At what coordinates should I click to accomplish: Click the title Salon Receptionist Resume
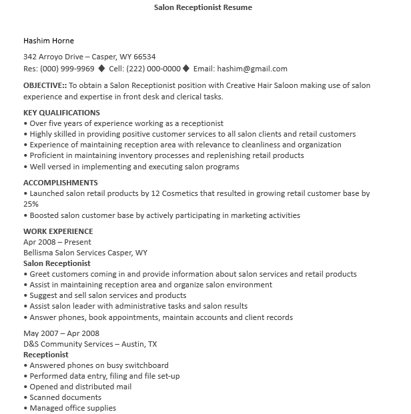coord(203,8)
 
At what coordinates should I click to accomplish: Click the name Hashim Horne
coord(49,41)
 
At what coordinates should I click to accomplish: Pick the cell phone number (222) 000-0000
coord(154,68)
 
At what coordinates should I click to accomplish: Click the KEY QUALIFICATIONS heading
coord(61,113)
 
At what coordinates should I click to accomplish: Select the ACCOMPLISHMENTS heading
coord(61,183)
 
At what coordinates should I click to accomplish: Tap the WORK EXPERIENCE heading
coord(58,231)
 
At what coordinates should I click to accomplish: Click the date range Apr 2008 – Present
coord(57,242)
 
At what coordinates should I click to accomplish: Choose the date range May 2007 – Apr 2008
coord(61,333)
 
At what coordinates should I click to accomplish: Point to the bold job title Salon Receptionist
coord(57,263)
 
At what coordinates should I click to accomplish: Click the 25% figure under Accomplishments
coord(31,204)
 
